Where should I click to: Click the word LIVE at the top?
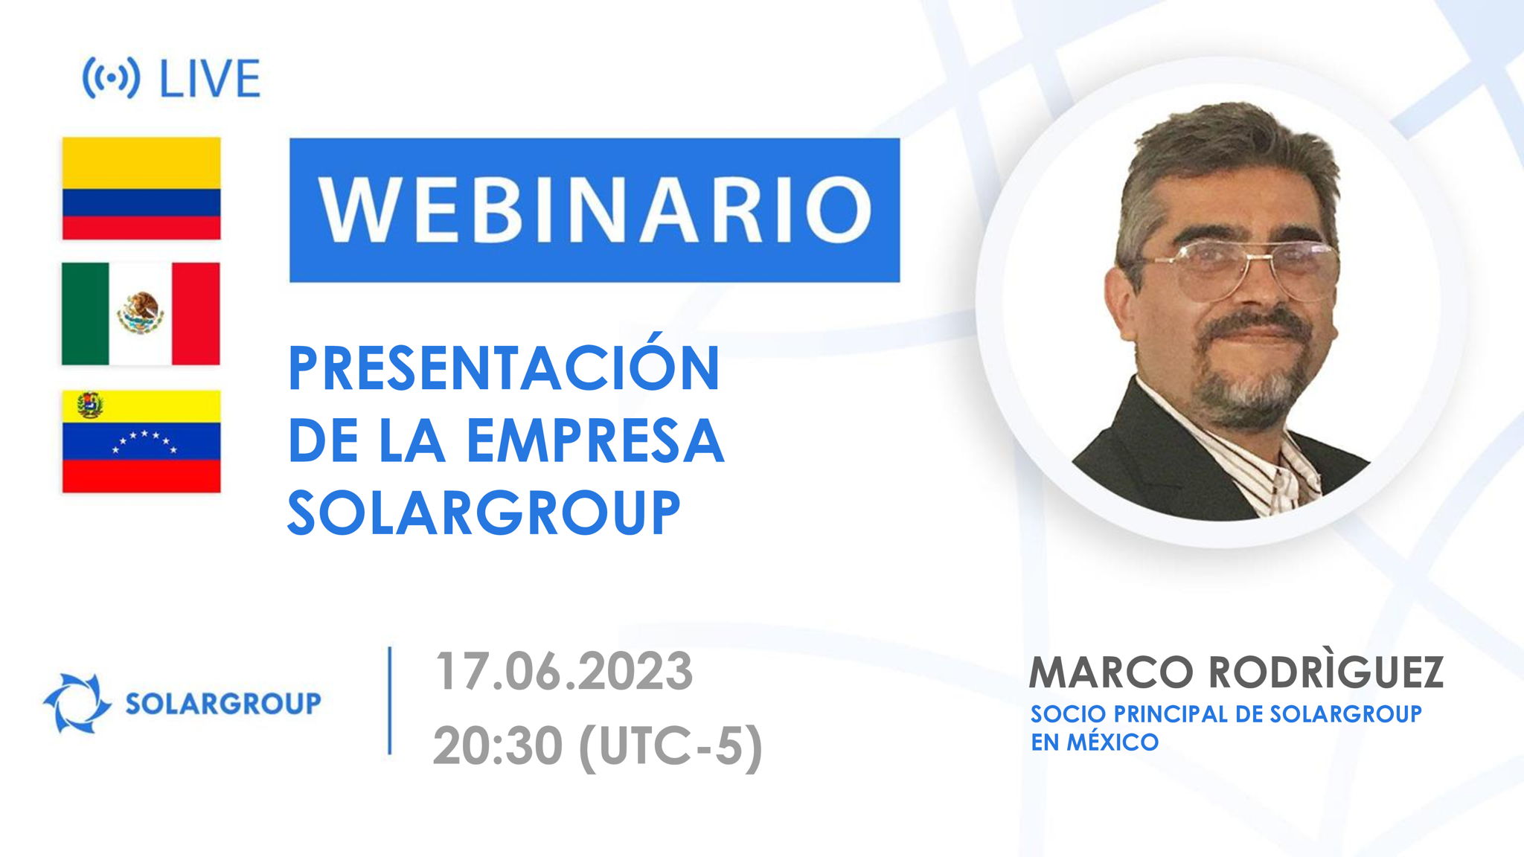210,79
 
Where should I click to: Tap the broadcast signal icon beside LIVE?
110,78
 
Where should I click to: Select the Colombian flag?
141,188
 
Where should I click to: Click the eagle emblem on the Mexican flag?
141,312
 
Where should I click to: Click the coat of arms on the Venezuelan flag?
89,405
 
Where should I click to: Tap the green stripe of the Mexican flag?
85,313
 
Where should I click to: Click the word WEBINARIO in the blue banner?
595,210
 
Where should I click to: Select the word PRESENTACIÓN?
504,369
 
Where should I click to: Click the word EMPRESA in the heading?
595,441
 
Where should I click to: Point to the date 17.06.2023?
563,672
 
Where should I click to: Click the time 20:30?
497,745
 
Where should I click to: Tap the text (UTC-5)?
670,745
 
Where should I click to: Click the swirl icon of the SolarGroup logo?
75,702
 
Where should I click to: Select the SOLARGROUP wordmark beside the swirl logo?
222,703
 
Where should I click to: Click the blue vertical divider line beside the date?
390,701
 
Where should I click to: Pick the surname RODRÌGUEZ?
1325,672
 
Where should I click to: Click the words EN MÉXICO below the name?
1094,742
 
